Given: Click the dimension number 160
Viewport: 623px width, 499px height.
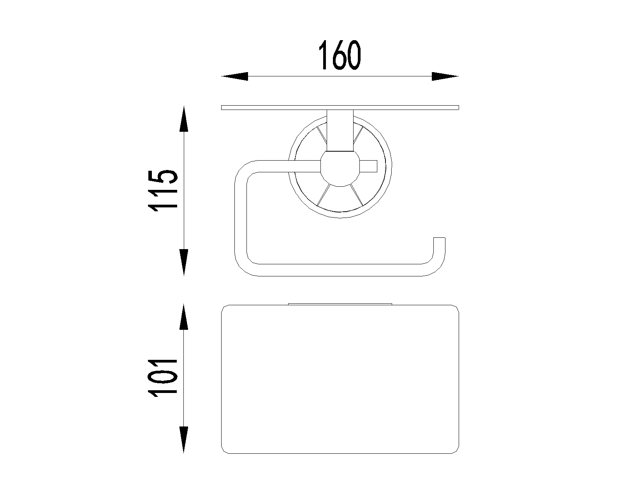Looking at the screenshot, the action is tap(340, 55).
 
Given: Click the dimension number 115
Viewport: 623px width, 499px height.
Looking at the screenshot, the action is tap(162, 191).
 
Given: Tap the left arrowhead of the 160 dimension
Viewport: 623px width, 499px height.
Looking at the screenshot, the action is tap(235, 76).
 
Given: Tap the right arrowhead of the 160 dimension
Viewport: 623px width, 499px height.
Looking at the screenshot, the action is tap(445, 76).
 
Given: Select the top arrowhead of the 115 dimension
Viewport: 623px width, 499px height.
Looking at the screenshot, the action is tap(184, 119).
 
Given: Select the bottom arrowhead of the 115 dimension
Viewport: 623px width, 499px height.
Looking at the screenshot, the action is tap(184, 262).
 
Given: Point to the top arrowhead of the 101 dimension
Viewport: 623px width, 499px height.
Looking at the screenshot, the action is tap(184, 317).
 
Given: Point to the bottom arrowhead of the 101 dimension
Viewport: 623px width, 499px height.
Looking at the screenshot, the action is tap(184, 440).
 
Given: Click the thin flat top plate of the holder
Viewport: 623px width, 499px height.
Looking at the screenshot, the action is tap(340, 108).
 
